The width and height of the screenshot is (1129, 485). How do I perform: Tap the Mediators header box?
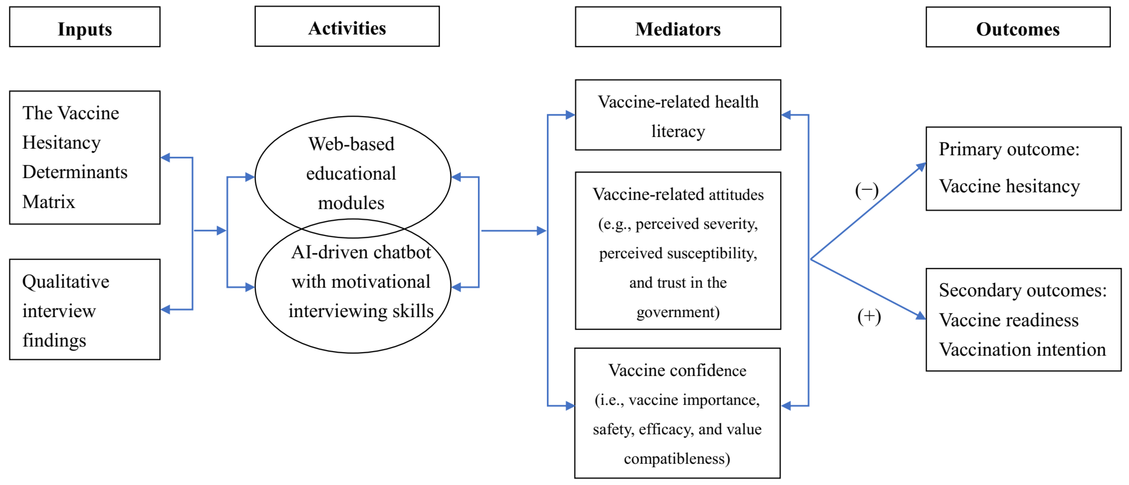pyautogui.click(x=677, y=27)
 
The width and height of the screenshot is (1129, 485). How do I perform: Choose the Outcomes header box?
pyautogui.click(x=1018, y=27)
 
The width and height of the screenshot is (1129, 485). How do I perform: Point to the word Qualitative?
pyautogui.click(x=66, y=282)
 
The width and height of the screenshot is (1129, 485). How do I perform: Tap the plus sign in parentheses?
pyautogui.click(x=869, y=317)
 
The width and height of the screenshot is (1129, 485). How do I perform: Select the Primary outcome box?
pyautogui.click(x=1023, y=169)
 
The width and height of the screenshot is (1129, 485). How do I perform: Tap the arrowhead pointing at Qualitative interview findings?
pyautogui.click(x=166, y=310)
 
